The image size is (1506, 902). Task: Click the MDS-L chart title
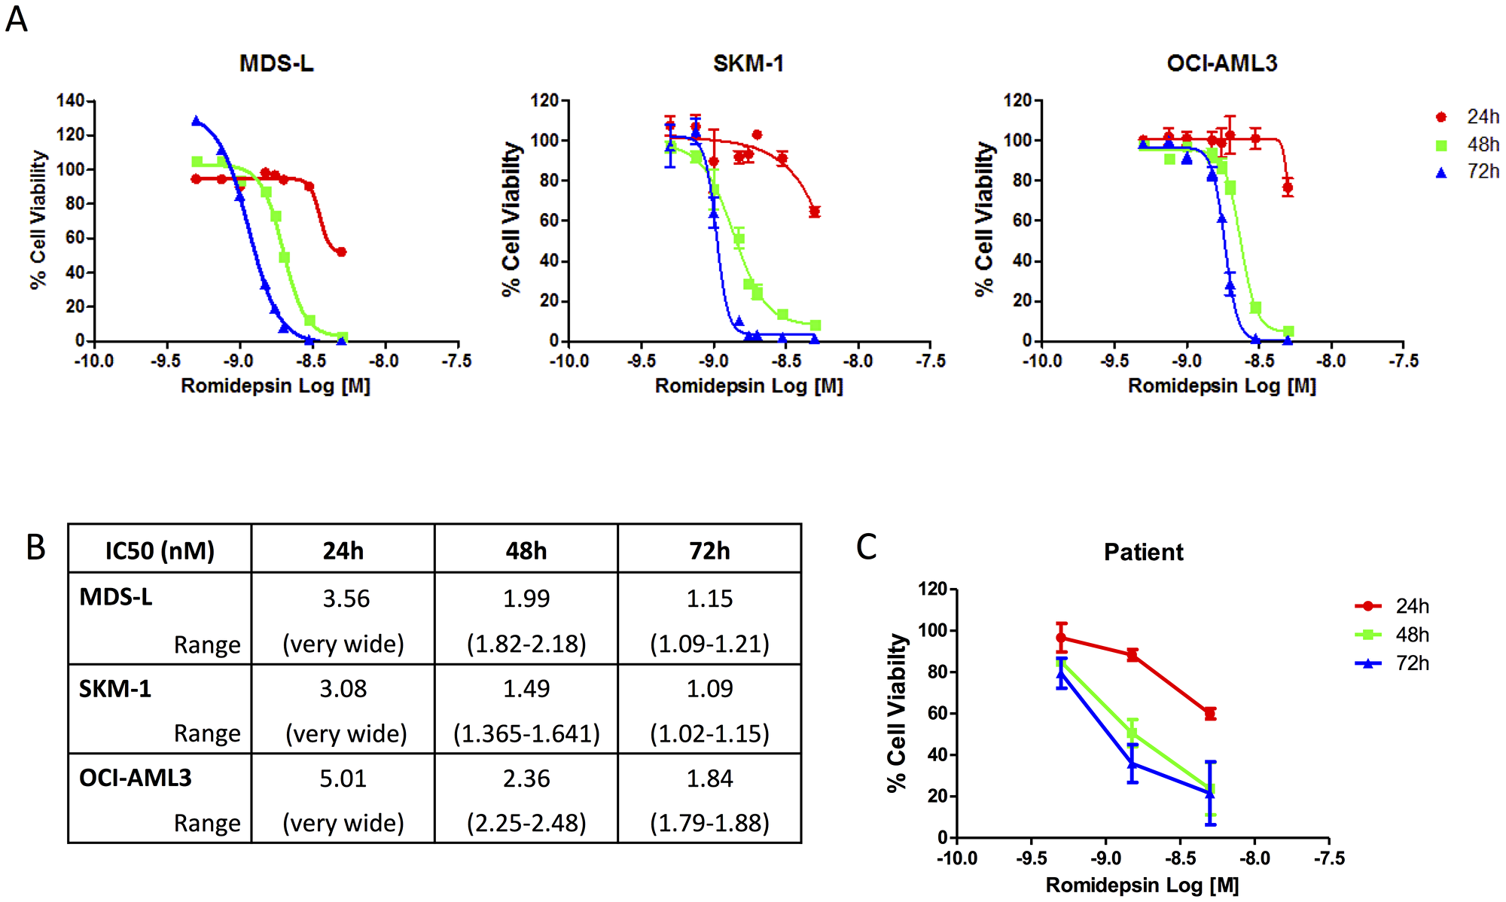[x=276, y=63]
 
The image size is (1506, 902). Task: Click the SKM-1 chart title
[x=748, y=63]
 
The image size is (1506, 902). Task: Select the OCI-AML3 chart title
[x=1221, y=63]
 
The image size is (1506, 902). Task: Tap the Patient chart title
[x=1143, y=553]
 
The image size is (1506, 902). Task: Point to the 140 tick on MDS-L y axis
[x=70, y=101]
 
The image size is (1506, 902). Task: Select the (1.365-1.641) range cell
[x=526, y=733]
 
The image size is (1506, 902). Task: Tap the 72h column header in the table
[x=709, y=550]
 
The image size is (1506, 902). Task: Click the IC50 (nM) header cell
[x=160, y=550]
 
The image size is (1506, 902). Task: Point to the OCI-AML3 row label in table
[x=136, y=778]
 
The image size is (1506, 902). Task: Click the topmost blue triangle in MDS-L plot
[x=197, y=120]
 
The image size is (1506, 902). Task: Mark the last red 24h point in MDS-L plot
[x=341, y=252]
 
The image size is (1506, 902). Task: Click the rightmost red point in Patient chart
[x=1210, y=713]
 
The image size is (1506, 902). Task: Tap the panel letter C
[x=866, y=547]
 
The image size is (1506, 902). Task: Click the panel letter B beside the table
[x=35, y=547]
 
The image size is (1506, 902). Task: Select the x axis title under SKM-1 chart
[x=748, y=386]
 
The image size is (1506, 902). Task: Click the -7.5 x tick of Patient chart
[x=1328, y=858]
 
